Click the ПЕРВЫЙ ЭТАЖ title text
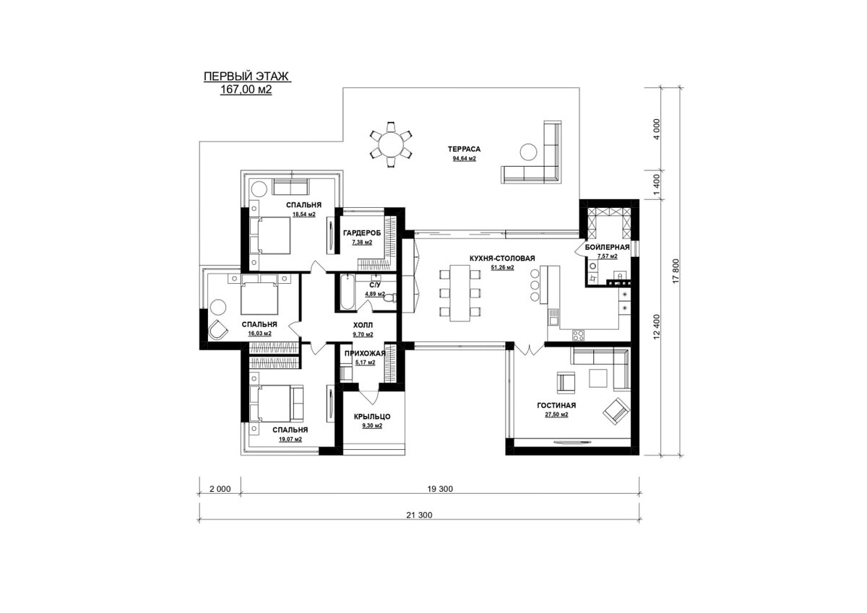click(x=246, y=77)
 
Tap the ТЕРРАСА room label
click(x=464, y=149)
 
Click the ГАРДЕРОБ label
click(x=362, y=233)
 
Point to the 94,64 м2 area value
click(x=464, y=159)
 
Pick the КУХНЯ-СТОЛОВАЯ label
click(x=502, y=258)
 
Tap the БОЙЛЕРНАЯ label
click(x=607, y=247)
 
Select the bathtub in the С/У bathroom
click(x=348, y=292)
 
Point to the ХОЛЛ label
click(x=363, y=325)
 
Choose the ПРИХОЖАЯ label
click(x=365, y=353)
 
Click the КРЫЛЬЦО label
click(x=372, y=417)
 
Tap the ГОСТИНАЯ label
click(x=556, y=405)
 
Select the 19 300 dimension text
click(x=440, y=489)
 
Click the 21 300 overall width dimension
click(x=419, y=515)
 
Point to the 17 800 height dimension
click(x=676, y=271)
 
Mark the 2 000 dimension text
click(x=220, y=489)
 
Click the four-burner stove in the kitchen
click(x=579, y=335)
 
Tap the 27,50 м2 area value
click(x=556, y=414)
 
